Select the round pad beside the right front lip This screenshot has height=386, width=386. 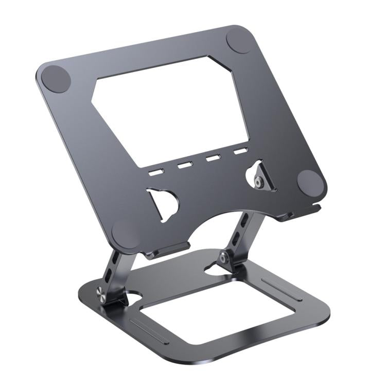click(x=310, y=182)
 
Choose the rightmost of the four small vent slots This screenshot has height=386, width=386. click(x=240, y=152)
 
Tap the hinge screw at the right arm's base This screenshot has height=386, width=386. click(x=224, y=257)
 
